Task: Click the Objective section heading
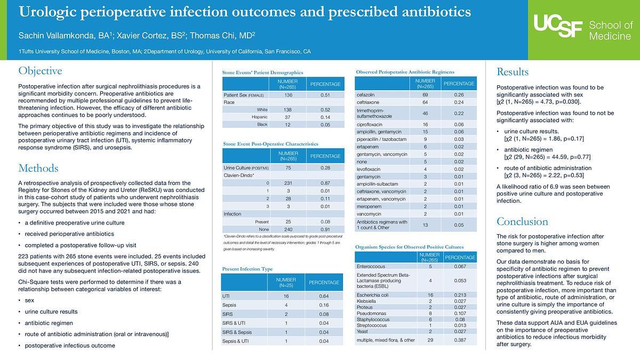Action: click(x=40, y=71)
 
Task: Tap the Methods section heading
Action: click(x=38, y=169)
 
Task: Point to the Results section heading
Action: click(x=513, y=72)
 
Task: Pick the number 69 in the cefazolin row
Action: click(x=425, y=94)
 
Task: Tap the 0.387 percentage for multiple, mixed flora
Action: click(x=460, y=340)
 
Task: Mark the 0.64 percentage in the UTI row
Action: click(x=324, y=296)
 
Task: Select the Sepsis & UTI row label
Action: click(x=235, y=341)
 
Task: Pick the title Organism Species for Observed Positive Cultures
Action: click(x=409, y=247)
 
